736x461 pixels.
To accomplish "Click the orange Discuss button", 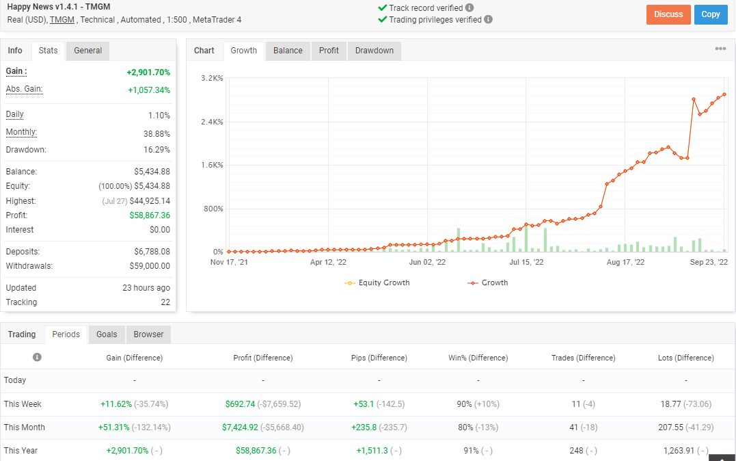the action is tap(668, 14).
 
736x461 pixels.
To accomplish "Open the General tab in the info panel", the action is tap(87, 51).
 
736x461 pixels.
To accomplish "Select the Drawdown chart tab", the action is tap(374, 51).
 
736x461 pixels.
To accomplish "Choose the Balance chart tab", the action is tap(288, 51).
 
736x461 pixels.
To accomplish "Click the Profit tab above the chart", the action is tap(329, 51).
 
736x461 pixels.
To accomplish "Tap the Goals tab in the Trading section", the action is tap(107, 334).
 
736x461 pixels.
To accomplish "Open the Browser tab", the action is tap(148, 334).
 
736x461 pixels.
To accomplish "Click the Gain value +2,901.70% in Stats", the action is tap(148, 73).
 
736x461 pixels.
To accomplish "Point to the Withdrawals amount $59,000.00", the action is tap(150, 266).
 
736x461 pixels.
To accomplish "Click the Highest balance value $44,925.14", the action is tap(150, 201).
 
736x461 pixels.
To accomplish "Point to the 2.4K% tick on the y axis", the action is tap(212, 122).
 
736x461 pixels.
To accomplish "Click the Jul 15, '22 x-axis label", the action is tap(526, 262).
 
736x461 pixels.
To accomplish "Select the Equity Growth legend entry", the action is tap(377, 283).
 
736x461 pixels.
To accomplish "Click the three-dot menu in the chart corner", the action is tap(720, 49).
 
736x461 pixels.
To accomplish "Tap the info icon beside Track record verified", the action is tap(469, 8).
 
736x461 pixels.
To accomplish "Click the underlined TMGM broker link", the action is tap(62, 20).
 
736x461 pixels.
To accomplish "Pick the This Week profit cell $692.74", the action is tap(240, 404).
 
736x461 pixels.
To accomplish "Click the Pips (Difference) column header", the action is tap(379, 358).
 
